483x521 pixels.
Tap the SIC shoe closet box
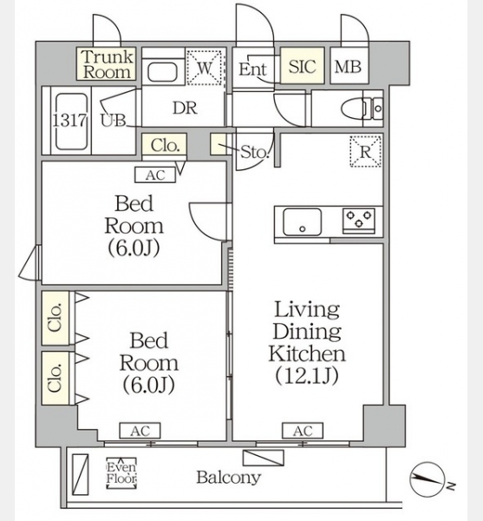pyautogui.click(x=302, y=65)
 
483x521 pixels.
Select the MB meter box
pyautogui.click(x=349, y=65)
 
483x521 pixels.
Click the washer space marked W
pyautogui.click(x=205, y=68)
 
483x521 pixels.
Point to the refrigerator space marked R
pyautogui.click(x=366, y=151)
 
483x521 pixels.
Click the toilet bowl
pyautogui.click(x=354, y=109)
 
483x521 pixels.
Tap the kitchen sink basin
pyautogui.click(x=302, y=221)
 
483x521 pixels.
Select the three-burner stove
pyautogui.click(x=359, y=221)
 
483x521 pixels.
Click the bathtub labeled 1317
pyautogui.click(x=70, y=122)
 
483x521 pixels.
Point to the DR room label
pyautogui.click(x=185, y=108)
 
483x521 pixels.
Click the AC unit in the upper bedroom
pyautogui.click(x=155, y=175)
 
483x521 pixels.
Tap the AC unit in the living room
pyautogui.click(x=303, y=431)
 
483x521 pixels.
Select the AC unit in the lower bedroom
pyautogui.click(x=140, y=431)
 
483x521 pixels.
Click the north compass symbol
pyautogui.click(x=428, y=479)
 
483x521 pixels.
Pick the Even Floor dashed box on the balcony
pyautogui.click(x=121, y=473)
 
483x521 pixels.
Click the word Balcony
pyautogui.click(x=229, y=478)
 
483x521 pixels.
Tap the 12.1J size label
pyautogui.click(x=307, y=375)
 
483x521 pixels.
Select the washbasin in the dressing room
pyautogui.click(x=162, y=72)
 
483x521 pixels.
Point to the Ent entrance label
pyautogui.click(x=252, y=69)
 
